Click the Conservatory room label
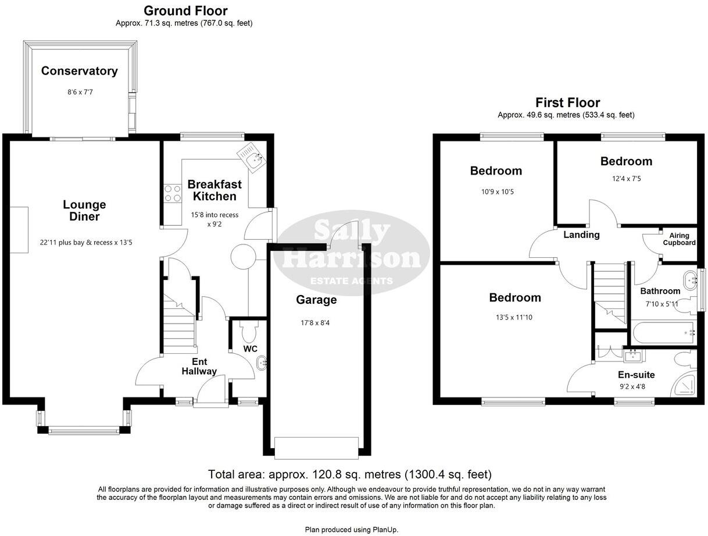tap(79, 71)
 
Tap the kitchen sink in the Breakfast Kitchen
tap(253, 157)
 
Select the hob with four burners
tap(172, 193)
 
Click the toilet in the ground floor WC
tap(249, 332)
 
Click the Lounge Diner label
tap(84, 211)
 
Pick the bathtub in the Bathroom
tap(663, 332)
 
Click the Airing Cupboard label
tap(679, 239)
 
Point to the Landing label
tap(581, 235)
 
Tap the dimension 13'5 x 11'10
tap(514, 318)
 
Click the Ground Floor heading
tap(185, 10)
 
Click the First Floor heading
tap(567, 103)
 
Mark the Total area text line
tap(349, 474)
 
